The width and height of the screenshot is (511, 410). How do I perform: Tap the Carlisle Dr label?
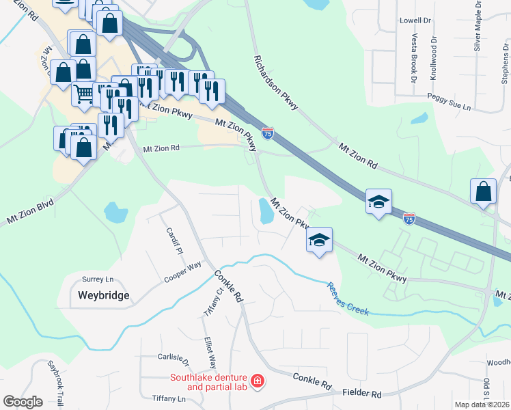(173, 357)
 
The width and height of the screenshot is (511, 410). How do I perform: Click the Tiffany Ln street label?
(169, 398)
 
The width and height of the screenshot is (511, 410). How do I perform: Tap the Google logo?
(23, 401)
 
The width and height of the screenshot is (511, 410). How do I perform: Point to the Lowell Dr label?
(415, 20)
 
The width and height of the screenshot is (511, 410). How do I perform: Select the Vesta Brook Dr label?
(414, 59)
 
